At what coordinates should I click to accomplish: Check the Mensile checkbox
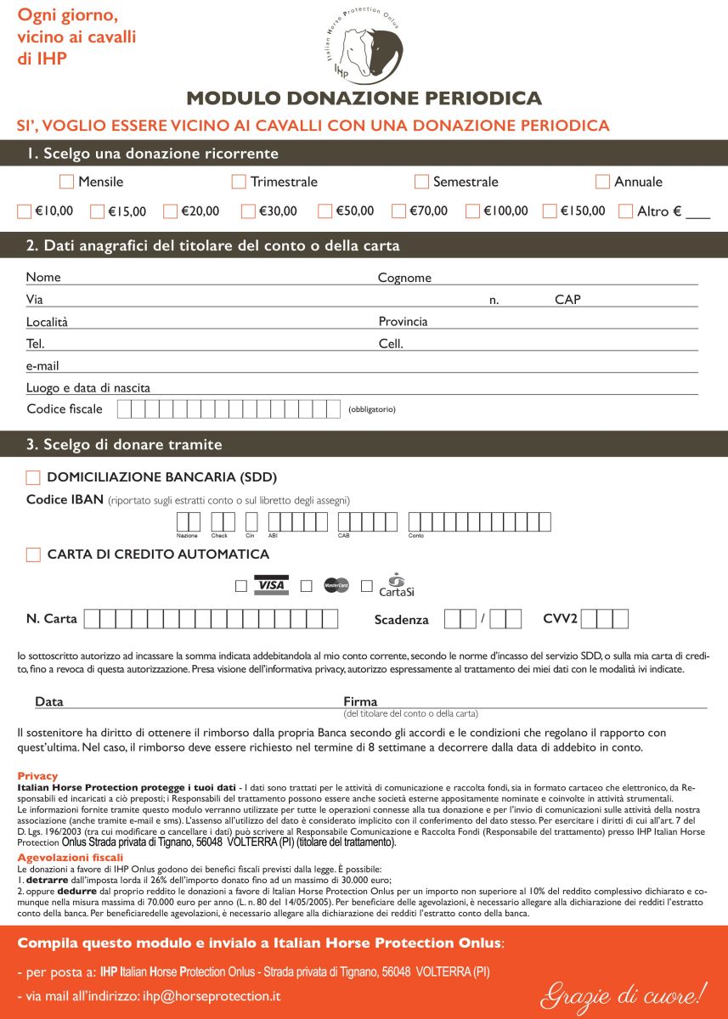click(x=66, y=181)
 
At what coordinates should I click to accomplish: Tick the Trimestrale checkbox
click(x=239, y=181)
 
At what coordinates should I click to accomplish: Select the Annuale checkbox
click(x=602, y=181)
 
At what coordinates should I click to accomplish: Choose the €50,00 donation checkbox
click(x=325, y=211)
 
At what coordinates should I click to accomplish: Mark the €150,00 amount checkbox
click(x=550, y=211)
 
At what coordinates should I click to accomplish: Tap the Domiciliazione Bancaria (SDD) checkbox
click(x=33, y=478)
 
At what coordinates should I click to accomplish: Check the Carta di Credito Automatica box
click(x=33, y=555)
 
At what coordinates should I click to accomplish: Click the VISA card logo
click(x=271, y=585)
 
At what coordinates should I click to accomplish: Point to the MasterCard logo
click(x=336, y=585)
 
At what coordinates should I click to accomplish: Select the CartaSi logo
click(x=396, y=584)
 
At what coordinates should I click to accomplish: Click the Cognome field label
click(x=404, y=278)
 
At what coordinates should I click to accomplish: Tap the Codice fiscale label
click(x=65, y=409)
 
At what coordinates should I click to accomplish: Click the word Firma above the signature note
click(x=360, y=701)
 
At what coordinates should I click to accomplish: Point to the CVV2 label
click(x=560, y=618)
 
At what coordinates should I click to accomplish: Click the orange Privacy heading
click(x=37, y=776)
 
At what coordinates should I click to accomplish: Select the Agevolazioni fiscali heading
click(x=70, y=858)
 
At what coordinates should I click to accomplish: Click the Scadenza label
click(x=401, y=620)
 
